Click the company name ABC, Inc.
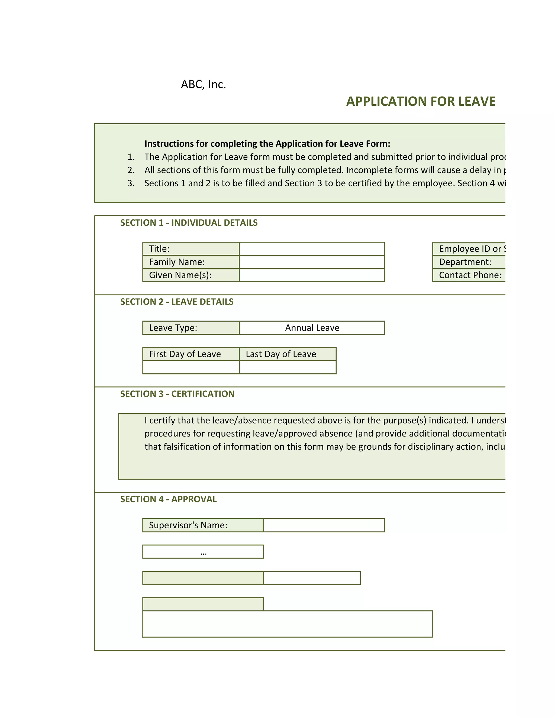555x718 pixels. pos(203,85)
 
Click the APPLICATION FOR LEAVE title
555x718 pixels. pos(421,101)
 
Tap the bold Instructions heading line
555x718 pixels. pos(267,144)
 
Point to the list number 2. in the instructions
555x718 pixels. pos(131,170)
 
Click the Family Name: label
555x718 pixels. pos(177,262)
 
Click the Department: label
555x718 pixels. pos(465,262)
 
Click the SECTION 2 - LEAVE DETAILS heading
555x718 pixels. pos(177,302)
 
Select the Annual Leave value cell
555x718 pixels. pos(312,328)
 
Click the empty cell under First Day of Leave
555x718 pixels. pos(191,367)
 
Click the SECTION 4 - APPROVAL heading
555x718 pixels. pos(168,499)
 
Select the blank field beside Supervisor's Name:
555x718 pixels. pos(324,525)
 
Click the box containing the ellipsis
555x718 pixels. pos(203,552)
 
